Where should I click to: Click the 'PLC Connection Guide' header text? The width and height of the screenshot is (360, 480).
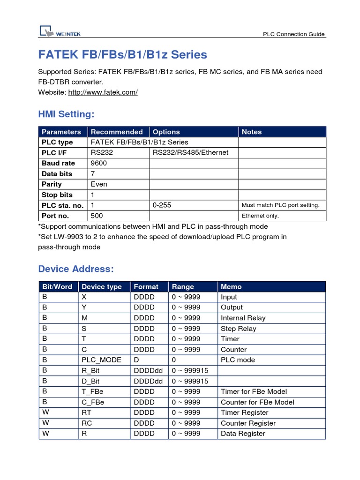[293, 34]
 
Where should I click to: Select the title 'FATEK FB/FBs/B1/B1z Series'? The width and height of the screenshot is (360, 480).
[122, 55]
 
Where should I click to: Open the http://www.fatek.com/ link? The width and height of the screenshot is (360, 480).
[103, 92]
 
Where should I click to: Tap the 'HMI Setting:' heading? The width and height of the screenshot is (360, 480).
[66, 114]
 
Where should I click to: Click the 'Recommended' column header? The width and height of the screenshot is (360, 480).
[117, 132]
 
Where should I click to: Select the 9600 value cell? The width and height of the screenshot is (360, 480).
[99, 163]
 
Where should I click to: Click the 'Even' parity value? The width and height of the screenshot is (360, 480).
[99, 184]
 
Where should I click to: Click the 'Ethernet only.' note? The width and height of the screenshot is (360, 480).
[260, 216]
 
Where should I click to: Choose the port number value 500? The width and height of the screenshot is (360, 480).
[97, 216]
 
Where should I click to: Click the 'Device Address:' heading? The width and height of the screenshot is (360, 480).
[76, 269]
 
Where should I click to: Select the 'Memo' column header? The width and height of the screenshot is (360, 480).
[231, 286]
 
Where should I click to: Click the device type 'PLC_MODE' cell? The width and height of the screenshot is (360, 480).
[101, 360]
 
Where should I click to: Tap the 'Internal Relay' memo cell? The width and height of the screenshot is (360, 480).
[243, 318]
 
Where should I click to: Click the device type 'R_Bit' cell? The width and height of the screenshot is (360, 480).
[91, 370]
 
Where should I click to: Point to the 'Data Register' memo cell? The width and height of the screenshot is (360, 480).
[243, 434]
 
